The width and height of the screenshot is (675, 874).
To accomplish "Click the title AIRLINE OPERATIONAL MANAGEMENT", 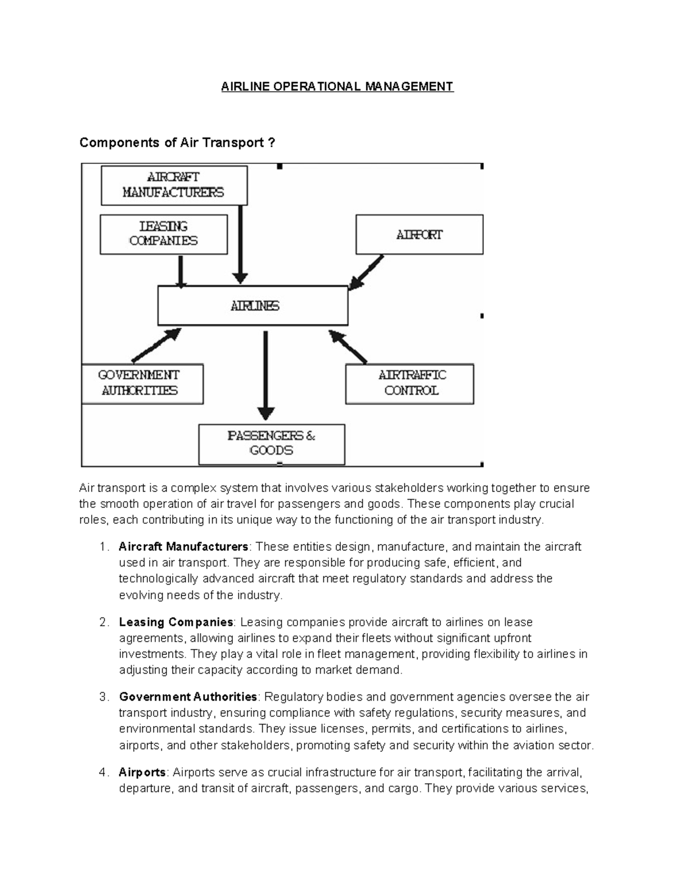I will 337,86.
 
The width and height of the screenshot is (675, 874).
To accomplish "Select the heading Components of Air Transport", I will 177,143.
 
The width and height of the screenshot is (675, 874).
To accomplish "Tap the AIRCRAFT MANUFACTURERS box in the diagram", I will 174,185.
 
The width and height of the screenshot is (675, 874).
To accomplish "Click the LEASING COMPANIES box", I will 164,234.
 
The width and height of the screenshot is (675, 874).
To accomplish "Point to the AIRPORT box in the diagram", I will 419,235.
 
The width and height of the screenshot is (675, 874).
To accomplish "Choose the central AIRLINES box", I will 253,306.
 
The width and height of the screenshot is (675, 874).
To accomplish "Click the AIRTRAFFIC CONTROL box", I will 410,383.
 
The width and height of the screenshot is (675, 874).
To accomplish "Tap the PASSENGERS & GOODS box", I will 272,443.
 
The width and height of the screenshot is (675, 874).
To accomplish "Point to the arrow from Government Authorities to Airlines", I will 155,345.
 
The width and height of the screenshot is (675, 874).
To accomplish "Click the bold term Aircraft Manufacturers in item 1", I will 183,547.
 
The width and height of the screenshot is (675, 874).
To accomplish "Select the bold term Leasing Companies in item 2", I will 176,622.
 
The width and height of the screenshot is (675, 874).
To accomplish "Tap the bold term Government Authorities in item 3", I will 188,697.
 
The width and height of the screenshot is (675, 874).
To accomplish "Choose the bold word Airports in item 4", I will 142,772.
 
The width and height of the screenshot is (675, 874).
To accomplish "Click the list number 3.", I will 102,697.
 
